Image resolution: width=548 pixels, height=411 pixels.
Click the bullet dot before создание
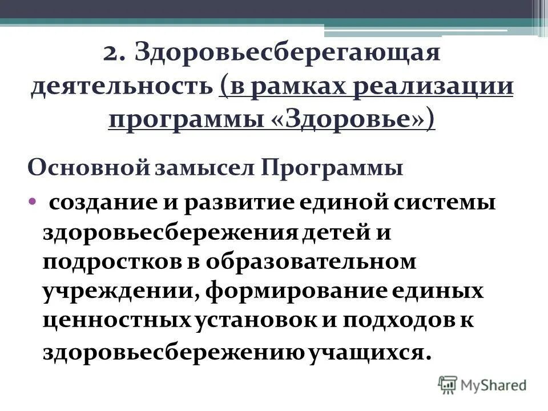(x=33, y=203)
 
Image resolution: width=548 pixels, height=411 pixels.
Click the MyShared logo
(x=482, y=384)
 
